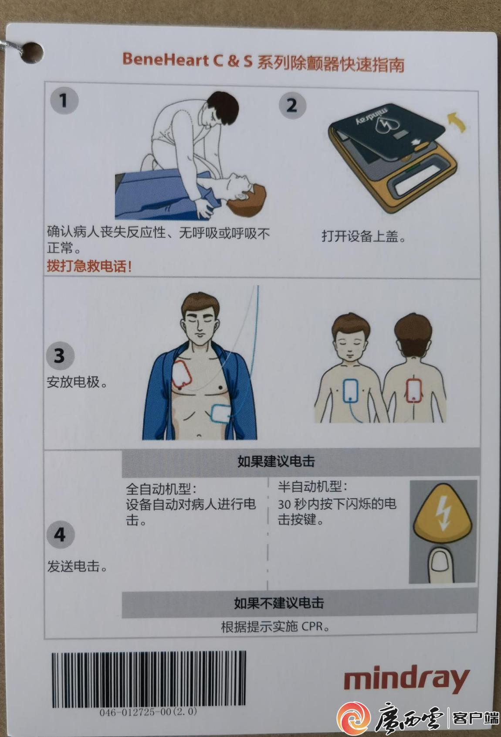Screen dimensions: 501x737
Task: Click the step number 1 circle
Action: point(64,100)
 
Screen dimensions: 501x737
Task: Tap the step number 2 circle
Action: point(292,105)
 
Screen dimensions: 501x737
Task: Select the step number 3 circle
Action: point(60,356)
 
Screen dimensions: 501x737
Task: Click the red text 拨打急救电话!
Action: point(89,266)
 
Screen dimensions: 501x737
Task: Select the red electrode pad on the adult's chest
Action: point(181,374)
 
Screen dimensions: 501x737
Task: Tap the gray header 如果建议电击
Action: point(276,461)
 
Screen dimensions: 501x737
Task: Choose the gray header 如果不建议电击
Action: point(279,603)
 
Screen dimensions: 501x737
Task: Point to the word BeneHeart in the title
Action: point(166,60)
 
